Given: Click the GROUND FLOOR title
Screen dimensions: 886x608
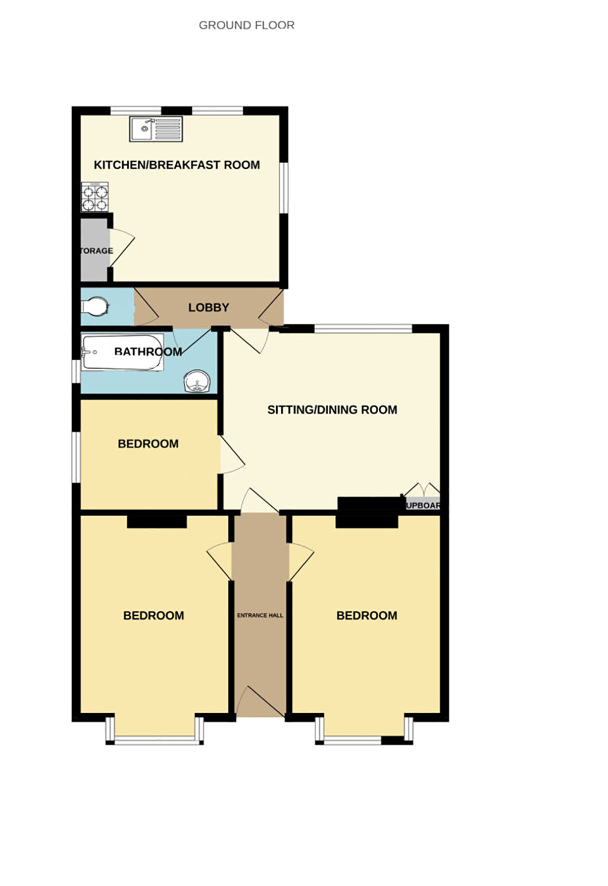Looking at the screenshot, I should pyautogui.click(x=246, y=25).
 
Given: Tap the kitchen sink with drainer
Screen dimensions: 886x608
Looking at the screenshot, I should pyautogui.click(x=156, y=129).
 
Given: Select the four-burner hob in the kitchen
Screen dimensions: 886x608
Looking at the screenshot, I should pyautogui.click(x=95, y=197).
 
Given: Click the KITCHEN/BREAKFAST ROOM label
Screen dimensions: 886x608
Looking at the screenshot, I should pyautogui.click(x=177, y=165).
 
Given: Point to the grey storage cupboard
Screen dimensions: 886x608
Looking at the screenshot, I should pyautogui.click(x=94, y=250).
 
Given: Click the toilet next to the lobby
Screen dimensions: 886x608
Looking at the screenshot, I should pyautogui.click(x=95, y=306).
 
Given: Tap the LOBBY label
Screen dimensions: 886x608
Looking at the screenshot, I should pyautogui.click(x=209, y=307).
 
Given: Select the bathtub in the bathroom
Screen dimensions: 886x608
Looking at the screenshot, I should pyautogui.click(x=122, y=352).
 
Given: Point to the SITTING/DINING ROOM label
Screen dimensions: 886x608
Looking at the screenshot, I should pyautogui.click(x=332, y=410).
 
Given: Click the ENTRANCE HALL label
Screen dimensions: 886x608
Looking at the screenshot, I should pyautogui.click(x=260, y=615).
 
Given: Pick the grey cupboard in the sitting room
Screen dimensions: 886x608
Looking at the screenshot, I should pyautogui.click(x=423, y=505).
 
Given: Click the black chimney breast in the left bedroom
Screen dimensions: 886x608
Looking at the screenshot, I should pyautogui.click(x=157, y=521).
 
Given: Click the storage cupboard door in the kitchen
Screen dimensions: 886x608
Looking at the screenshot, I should pyautogui.click(x=121, y=246).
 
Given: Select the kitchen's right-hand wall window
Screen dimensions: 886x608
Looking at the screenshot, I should pyautogui.click(x=284, y=188).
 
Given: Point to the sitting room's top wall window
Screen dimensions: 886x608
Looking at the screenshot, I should pyautogui.click(x=363, y=329).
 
